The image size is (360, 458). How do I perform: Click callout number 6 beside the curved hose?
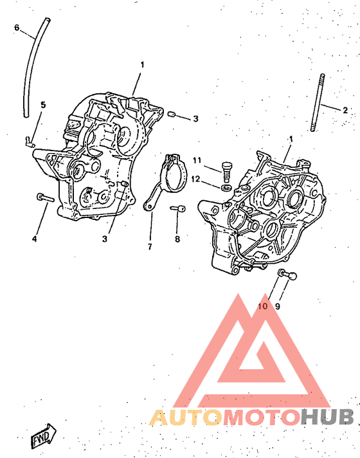tap(17, 28)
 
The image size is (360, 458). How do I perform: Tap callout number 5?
tap(43, 105)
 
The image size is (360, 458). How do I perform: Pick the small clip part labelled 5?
tap(30, 142)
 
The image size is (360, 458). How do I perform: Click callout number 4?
tap(35, 239)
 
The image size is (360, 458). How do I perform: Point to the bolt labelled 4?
tap(45, 197)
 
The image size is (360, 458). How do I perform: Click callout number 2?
tap(345, 110)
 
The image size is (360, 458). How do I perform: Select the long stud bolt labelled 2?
tap(318, 102)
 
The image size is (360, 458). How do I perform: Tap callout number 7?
tap(150, 247)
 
